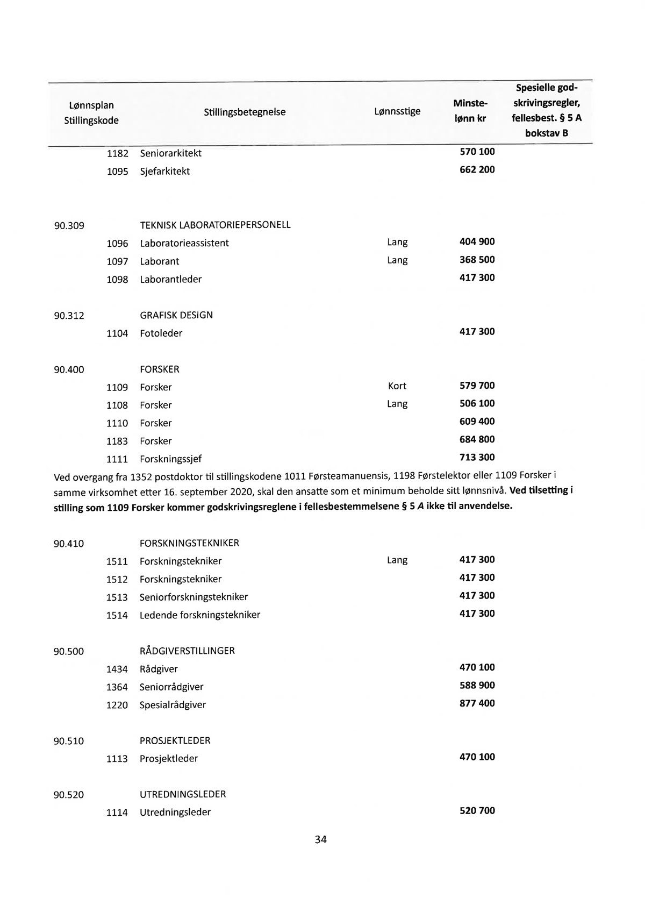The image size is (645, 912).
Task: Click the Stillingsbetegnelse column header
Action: click(x=245, y=112)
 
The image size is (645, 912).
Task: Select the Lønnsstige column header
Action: click(x=397, y=111)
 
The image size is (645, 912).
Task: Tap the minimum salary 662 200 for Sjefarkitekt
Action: click(x=477, y=170)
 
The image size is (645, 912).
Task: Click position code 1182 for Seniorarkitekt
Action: click(x=117, y=154)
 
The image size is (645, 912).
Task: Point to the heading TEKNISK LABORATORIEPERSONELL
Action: click(x=215, y=225)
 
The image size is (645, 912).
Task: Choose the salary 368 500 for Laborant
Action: click(x=477, y=260)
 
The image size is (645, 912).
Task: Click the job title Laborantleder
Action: click(x=170, y=280)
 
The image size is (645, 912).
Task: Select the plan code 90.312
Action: click(x=69, y=316)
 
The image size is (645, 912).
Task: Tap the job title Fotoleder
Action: click(x=161, y=333)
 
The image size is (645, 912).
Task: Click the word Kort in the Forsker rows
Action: click(x=397, y=386)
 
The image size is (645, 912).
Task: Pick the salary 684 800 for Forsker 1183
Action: click(x=477, y=440)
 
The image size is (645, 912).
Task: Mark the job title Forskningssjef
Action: click(x=170, y=459)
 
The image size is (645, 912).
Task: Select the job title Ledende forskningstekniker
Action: click(x=199, y=615)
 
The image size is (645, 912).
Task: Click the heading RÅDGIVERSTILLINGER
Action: click(x=187, y=651)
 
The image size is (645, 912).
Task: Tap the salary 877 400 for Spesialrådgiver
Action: click(x=477, y=703)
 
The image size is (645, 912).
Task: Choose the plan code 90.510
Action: click(x=69, y=742)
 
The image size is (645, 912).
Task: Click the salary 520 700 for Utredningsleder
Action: click(x=477, y=811)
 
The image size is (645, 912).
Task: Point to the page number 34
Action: click(x=321, y=840)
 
